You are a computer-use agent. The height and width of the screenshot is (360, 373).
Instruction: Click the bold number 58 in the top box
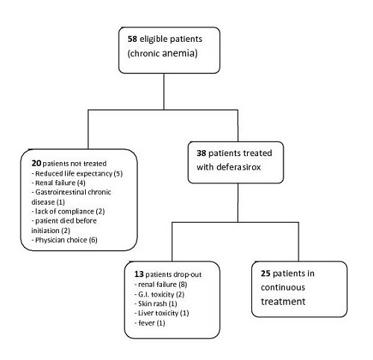(x=132, y=39)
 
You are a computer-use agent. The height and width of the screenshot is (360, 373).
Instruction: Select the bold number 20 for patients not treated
(x=37, y=163)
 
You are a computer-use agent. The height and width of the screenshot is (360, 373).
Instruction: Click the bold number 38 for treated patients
(x=201, y=153)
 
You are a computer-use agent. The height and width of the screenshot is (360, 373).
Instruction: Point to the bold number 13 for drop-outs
(x=139, y=274)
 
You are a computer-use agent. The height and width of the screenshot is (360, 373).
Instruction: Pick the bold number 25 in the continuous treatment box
(x=266, y=273)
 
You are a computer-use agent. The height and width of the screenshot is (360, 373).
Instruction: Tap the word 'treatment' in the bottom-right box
(x=283, y=302)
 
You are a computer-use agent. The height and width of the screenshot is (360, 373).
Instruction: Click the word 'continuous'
(x=283, y=288)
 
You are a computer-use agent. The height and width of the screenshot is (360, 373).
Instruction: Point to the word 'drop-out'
(x=187, y=275)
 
